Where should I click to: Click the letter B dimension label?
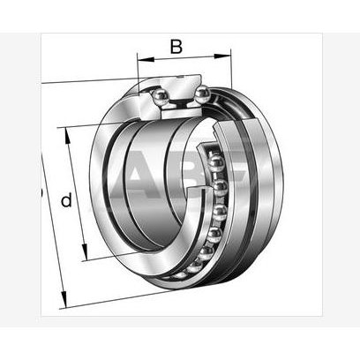click(x=176, y=46)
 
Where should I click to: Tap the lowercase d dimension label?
click(x=65, y=201)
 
